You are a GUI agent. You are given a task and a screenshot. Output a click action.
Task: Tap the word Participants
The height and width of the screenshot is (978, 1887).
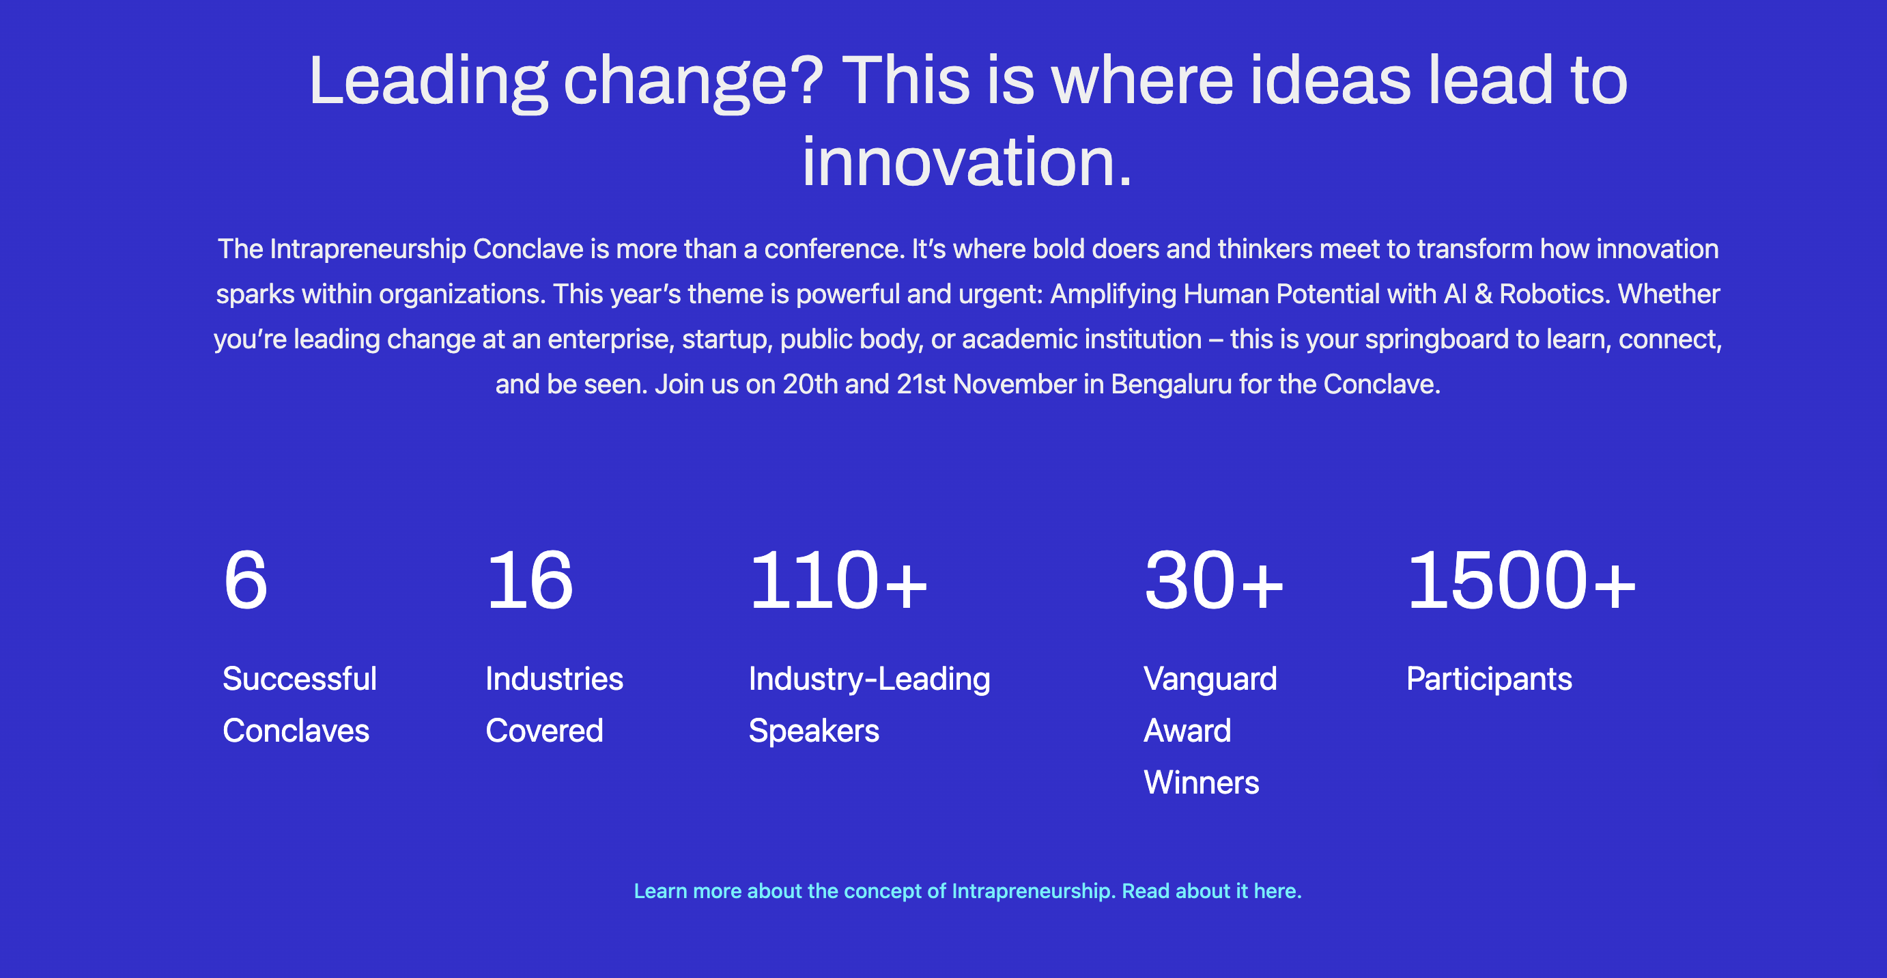[x=1489, y=679]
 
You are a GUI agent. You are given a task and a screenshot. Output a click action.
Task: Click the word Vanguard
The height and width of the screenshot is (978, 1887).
[x=1210, y=679]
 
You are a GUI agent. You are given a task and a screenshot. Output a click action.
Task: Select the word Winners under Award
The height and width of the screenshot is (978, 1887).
[x=1202, y=783]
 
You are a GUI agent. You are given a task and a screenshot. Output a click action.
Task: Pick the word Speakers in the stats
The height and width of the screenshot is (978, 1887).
[x=814, y=731]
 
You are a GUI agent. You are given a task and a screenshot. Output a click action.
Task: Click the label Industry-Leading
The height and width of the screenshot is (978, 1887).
[x=870, y=679]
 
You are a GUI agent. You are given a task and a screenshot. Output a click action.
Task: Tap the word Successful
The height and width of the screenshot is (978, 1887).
[x=300, y=678]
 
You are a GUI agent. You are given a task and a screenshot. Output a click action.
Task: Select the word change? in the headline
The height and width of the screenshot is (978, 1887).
[x=694, y=82]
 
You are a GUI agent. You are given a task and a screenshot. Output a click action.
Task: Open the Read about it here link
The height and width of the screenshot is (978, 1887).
[x=1212, y=891]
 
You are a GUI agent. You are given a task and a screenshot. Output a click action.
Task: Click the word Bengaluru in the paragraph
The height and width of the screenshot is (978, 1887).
[x=1172, y=384]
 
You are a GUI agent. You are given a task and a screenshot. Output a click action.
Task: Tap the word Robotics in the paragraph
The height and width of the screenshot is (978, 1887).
[x=1554, y=294]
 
